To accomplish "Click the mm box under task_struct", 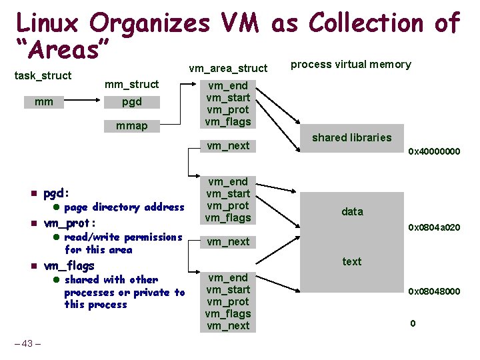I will (45, 102).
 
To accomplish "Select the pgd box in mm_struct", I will (131, 102).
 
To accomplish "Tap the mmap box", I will (131, 125).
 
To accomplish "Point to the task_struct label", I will (43, 75).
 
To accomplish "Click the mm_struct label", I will (132, 84).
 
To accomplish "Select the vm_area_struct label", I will (228, 67).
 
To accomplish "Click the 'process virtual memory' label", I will (351, 64).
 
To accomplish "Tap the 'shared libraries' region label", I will (352, 137).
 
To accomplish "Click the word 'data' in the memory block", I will (352, 211).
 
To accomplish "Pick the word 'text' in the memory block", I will (352, 261).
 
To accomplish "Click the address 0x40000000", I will (434, 151).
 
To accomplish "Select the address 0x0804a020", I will (434, 228).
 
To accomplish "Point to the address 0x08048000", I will (434, 291).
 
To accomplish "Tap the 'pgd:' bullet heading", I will (56, 194).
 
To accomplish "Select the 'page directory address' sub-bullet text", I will (124, 207).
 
